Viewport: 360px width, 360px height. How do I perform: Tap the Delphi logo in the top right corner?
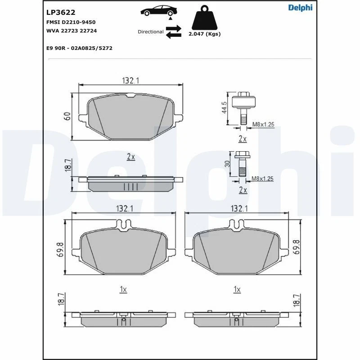pyautogui.click(x=300, y=7)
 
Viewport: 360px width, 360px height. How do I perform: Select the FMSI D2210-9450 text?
pyautogui.click(x=71, y=22)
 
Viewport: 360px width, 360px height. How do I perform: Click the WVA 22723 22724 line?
pyautogui.click(x=71, y=31)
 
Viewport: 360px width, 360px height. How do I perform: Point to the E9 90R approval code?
pyautogui.click(x=79, y=48)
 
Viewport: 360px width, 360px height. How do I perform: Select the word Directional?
pyautogui.click(x=150, y=32)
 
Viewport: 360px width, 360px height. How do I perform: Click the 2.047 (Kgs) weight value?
pyautogui.click(x=205, y=34)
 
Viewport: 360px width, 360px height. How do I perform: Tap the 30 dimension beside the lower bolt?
pyautogui.click(x=228, y=164)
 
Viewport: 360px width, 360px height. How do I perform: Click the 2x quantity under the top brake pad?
pyautogui.click(x=131, y=157)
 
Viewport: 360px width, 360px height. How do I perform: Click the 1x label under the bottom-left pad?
pyautogui.click(x=123, y=290)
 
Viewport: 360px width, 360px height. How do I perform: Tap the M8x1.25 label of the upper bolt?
pyautogui.click(x=263, y=124)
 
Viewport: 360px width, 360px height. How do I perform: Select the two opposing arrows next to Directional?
pyautogui.click(x=173, y=31)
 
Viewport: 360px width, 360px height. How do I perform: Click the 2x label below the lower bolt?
pyautogui.click(x=243, y=190)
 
